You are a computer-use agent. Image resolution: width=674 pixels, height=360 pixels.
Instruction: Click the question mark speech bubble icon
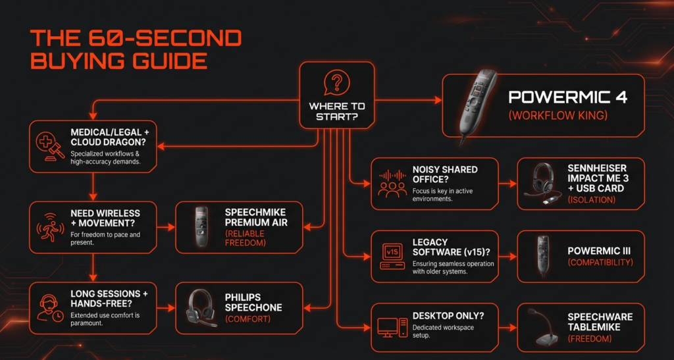(x=336, y=82)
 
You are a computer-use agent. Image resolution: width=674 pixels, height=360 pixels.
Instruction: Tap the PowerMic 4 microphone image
(x=477, y=106)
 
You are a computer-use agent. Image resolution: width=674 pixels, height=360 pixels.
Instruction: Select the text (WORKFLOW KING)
(x=558, y=115)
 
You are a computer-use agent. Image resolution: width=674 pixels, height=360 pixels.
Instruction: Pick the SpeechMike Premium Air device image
(x=201, y=227)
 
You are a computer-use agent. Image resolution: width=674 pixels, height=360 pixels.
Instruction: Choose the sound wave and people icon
(x=392, y=184)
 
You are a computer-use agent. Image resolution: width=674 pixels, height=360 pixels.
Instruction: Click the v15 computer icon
(x=392, y=257)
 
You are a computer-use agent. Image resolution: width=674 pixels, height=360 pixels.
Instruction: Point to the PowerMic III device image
(x=543, y=257)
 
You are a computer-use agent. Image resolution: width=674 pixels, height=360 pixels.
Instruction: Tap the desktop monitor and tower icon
(x=392, y=328)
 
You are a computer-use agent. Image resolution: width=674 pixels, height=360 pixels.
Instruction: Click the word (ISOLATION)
(x=592, y=200)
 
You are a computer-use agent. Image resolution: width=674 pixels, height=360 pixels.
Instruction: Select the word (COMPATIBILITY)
(x=600, y=262)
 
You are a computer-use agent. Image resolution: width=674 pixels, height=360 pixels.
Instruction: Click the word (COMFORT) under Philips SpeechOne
(x=248, y=319)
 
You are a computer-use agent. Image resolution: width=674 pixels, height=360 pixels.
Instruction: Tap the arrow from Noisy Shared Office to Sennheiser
(x=507, y=184)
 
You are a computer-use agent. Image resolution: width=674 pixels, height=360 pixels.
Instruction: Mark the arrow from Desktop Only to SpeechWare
(x=507, y=328)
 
